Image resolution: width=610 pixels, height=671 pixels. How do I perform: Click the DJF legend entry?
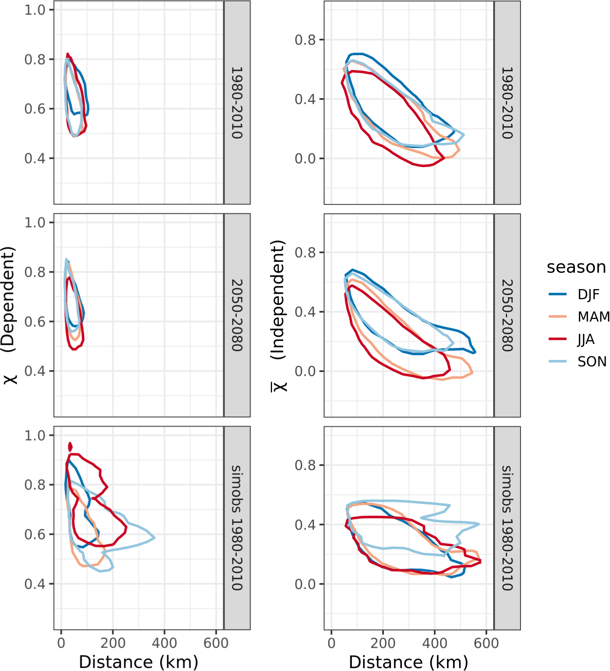pos(588,295)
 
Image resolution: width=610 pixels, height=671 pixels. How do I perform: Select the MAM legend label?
pos(593,317)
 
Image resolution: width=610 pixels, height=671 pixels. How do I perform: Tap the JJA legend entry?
pos(586,339)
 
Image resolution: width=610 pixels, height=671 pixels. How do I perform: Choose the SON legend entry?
pos(592,362)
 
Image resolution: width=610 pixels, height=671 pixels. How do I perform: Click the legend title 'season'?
pos(576,267)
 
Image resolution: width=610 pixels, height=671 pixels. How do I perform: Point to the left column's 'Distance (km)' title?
pos(138,662)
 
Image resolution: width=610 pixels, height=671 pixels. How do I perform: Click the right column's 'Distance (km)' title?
pos(408,662)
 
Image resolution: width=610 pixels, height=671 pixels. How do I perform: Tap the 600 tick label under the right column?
pos(486,643)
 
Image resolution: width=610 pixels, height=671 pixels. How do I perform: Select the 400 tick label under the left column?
pos(165,643)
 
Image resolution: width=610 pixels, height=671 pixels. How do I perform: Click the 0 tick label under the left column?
pos(61,643)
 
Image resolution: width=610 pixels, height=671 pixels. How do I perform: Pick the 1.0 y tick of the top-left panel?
pos(35,10)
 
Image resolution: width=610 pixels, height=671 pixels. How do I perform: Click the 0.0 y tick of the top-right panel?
pos(305,159)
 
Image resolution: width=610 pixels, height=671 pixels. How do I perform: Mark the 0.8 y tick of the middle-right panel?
pos(305,253)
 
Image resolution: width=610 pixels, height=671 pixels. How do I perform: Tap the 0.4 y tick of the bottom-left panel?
pos(35,584)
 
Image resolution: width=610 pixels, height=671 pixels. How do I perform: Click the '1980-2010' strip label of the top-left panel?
pos(237,103)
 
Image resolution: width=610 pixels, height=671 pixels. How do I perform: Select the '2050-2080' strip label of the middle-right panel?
pos(507,315)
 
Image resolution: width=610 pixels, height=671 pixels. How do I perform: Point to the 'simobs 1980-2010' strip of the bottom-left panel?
pos(237,528)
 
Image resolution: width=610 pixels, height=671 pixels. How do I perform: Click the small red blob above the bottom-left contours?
pos(70,446)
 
